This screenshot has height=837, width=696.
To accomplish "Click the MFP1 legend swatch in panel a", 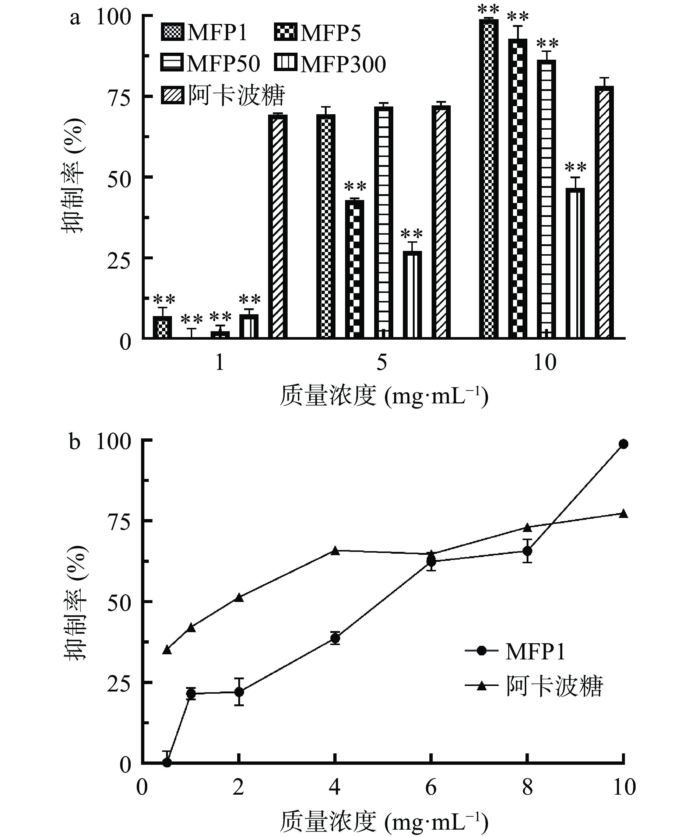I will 173,32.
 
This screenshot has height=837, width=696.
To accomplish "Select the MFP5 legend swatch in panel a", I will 286,32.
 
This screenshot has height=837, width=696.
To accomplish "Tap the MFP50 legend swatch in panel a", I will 173,63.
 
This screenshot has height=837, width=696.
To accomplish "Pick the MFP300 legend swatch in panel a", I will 286,63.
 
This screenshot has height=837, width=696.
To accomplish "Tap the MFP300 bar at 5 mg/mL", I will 412,295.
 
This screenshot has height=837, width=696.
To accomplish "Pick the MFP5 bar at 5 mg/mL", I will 355,269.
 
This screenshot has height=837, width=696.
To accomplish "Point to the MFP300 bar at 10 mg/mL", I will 575,263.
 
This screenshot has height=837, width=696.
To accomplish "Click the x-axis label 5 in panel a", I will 382,362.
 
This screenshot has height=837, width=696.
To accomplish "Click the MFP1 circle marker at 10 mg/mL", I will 623,444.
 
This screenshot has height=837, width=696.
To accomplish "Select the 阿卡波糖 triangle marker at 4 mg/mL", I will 335,551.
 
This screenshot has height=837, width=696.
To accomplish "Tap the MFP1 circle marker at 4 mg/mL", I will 335,638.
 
